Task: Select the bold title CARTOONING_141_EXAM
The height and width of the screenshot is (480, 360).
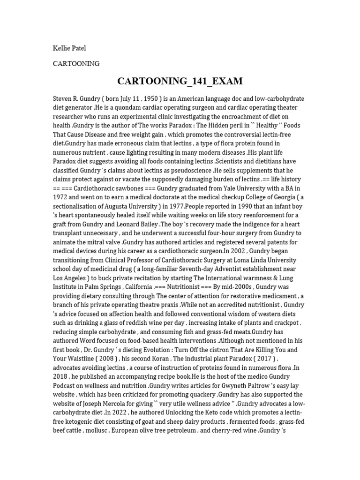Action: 180,81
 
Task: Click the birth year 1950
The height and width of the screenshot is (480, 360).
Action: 150,99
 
